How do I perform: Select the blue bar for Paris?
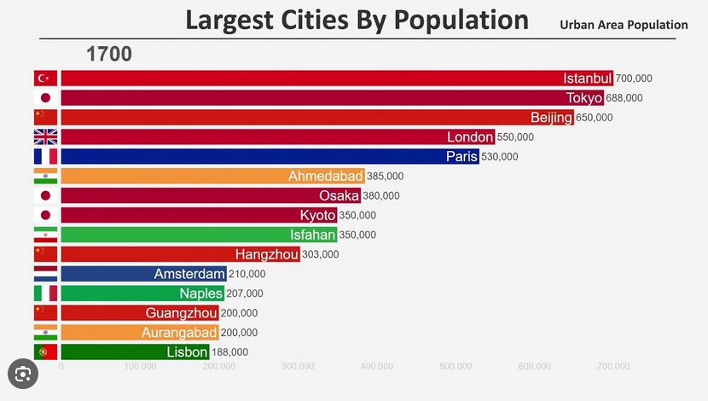pos(270,157)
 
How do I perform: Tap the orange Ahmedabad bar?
pos(212,177)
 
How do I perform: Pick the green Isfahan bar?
pos(199,235)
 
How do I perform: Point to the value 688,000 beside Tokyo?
pos(624,98)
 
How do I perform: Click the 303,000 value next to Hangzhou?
pos(321,254)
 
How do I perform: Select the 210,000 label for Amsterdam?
pos(247,274)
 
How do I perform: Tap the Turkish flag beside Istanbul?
pos(45,78)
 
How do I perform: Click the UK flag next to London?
pos(45,137)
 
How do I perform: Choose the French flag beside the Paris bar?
pos(45,157)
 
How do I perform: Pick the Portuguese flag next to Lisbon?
pos(45,352)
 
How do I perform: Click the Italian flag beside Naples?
pos(45,293)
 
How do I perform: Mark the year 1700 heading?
pos(108,55)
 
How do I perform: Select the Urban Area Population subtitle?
pos(624,25)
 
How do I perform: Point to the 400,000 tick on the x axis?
pos(377,367)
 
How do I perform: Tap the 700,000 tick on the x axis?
pos(613,367)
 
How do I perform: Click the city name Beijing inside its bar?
pos(551,118)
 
